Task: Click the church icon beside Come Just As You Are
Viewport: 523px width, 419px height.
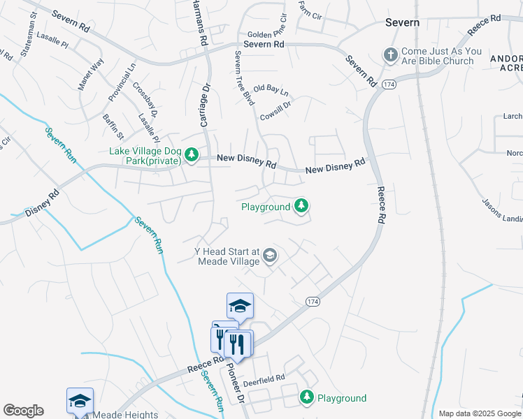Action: click(389, 54)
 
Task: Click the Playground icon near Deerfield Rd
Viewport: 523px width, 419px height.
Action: click(306, 397)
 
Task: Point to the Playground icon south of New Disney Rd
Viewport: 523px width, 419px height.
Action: click(301, 205)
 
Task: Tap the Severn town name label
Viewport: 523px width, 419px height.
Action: click(403, 22)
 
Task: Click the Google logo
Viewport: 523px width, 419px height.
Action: click(23, 411)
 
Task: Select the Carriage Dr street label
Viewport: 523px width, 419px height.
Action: click(205, 105)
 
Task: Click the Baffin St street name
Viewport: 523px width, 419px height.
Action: click(113, 126)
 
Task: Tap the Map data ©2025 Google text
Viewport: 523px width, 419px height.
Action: click(479, 413)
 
